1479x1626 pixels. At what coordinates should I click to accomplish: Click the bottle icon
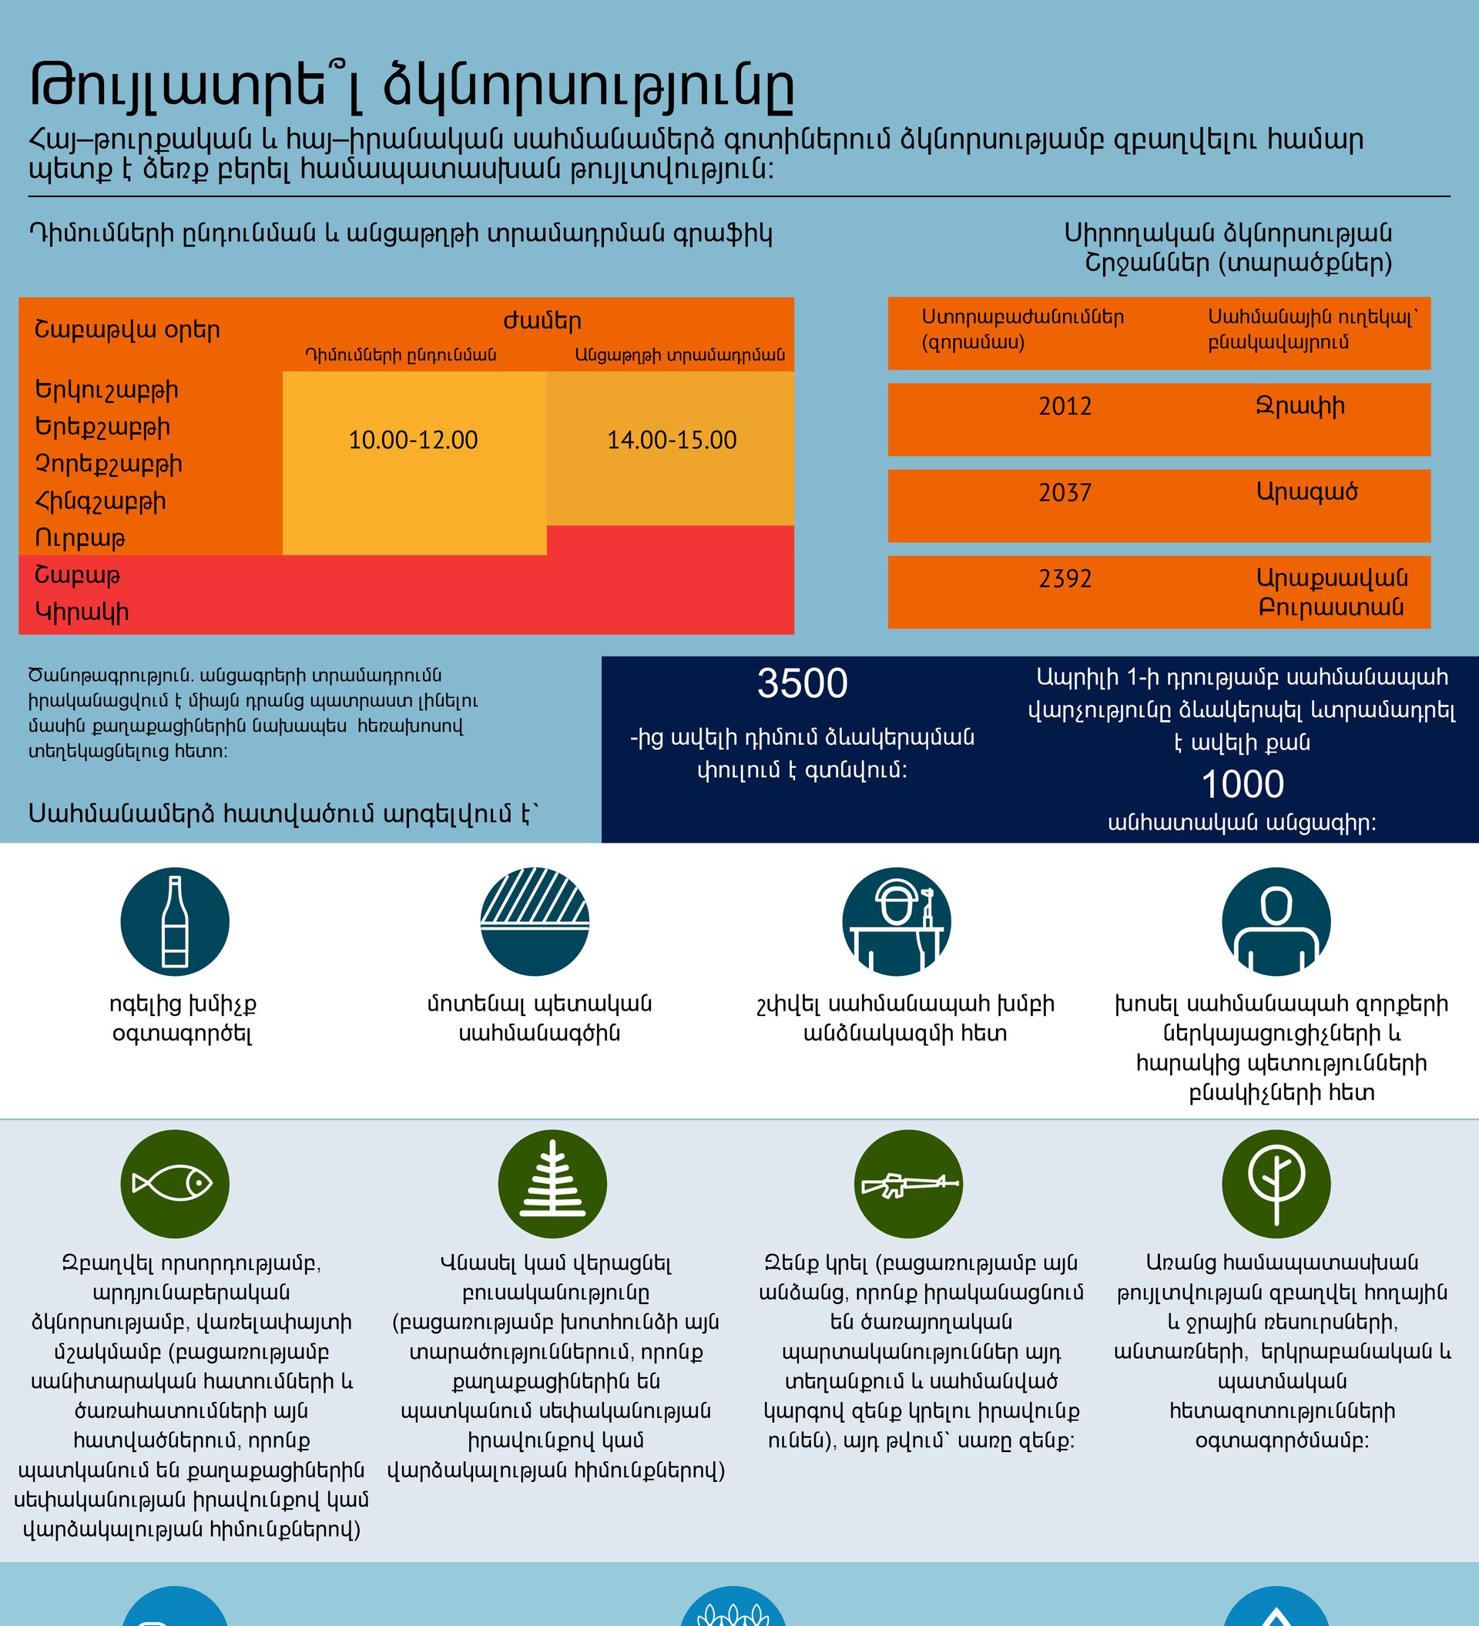point(175,921)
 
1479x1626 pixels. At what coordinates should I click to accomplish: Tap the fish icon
point(175,1184)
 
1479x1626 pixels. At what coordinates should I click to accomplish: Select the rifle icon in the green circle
point(909,1184)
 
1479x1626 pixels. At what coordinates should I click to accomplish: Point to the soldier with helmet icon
point(897,921)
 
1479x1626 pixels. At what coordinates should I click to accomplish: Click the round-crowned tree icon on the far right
point(1276,1184)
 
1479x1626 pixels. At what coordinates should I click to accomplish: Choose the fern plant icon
point(552,1184)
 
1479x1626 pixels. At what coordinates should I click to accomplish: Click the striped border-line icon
point(535,921)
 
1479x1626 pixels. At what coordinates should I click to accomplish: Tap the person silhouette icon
point(1276,921)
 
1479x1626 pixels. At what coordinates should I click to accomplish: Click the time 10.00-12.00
point(413,441)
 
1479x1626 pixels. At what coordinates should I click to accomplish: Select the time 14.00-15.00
point(672,441)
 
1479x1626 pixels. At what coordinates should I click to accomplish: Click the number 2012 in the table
point(1065,406)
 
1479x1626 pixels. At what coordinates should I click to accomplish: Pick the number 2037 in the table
point(1065,492)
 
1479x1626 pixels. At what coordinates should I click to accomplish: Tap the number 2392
point(1065,578)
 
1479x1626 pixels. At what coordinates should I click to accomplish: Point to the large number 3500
point(803,684)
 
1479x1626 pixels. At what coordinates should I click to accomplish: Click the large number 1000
point(1243,784)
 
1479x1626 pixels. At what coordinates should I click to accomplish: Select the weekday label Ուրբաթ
point(80,538)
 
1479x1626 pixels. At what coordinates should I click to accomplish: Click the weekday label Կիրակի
point(82,613)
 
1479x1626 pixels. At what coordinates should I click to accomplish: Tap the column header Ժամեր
point(542,321)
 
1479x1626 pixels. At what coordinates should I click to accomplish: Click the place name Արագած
point(1306,492)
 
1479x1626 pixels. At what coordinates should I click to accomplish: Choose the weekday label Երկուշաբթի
point(106,391)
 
